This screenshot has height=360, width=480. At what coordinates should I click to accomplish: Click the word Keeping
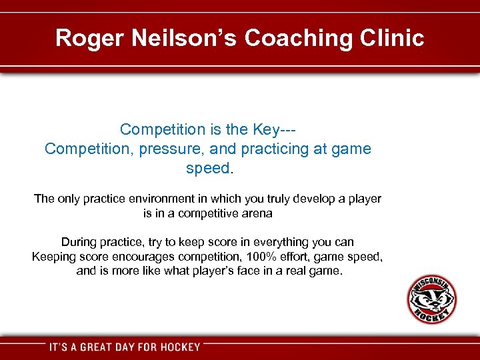tap(55, 257)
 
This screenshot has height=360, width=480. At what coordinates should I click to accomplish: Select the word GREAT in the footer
tap(106, 347)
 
